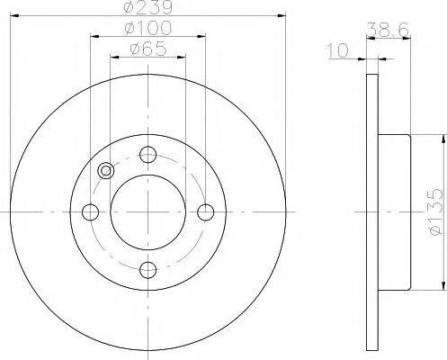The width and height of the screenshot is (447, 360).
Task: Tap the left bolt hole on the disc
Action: (x=90, y=211)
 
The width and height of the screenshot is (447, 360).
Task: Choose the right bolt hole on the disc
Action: (x=205, y=211)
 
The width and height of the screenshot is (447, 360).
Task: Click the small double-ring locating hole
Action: (x=107, y=171)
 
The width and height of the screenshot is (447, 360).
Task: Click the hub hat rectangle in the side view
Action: (x=394, y=212)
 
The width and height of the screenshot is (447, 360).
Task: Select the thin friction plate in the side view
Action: (x=372, y=212)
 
